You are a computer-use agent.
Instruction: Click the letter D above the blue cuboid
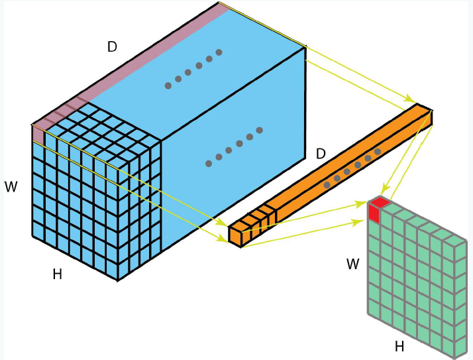[x=112, y=47]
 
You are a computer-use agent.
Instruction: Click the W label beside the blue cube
[x=11, y=187]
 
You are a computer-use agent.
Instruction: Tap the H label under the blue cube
[x=58, y=274]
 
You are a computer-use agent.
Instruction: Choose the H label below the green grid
[x=399, y=346]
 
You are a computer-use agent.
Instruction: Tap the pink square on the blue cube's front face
[x=38, y=133]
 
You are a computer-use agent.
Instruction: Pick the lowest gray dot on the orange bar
[x=327, y=185]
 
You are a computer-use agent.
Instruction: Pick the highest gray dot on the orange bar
[x=378, y=152]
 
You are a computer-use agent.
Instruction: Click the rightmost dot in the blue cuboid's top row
[x=219, y=52]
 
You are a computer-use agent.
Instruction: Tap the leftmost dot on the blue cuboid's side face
[x=209, y=163]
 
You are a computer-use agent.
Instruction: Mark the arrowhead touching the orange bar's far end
[x=410, y=100]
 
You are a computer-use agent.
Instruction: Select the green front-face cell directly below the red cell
[x=374, y=229]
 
